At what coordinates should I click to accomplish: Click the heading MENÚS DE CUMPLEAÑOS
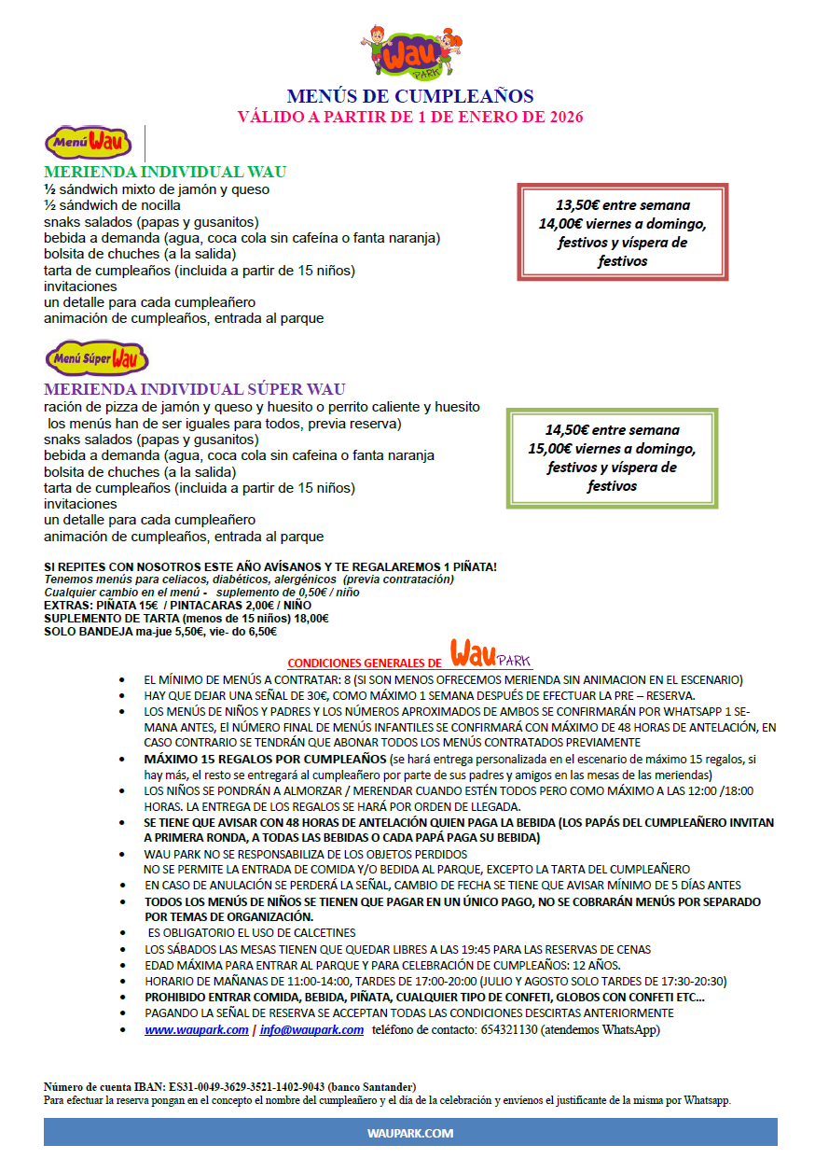[410, 96]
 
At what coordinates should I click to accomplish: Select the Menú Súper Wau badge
[97, 357]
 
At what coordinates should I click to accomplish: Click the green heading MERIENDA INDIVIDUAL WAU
[165, 172]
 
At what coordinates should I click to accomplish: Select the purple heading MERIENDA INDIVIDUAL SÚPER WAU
[195, 389]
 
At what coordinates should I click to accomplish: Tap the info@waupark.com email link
[311, 1029]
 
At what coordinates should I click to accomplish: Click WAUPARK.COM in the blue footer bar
[410, 1133]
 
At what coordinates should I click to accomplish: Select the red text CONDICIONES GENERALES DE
[365, 662]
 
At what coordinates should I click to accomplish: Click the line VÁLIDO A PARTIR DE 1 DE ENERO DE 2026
[410, 117]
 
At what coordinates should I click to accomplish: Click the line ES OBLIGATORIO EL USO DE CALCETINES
[251, 932]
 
